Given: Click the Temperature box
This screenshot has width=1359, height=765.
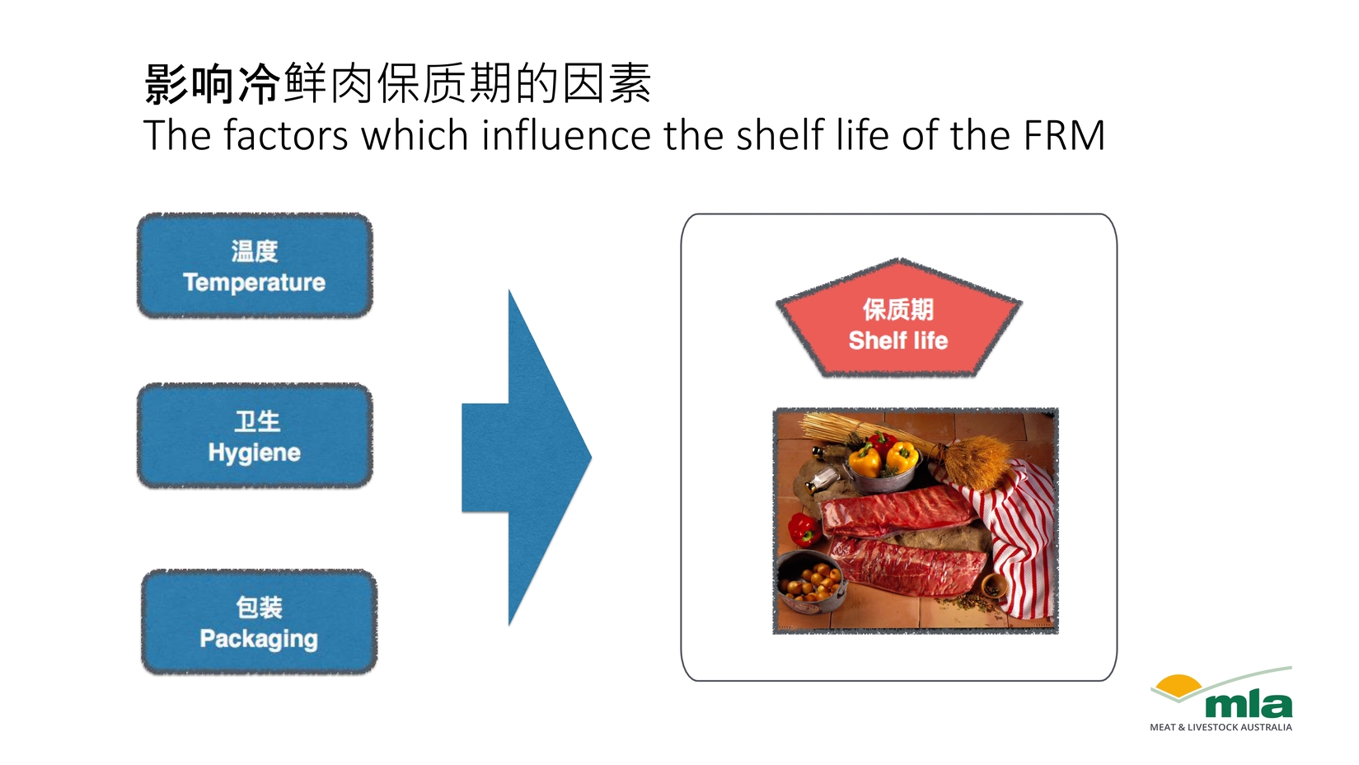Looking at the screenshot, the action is (255, 265).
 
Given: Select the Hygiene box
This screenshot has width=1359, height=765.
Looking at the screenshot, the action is (255, 435).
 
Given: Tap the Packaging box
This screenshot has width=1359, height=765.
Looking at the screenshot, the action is (259, 622).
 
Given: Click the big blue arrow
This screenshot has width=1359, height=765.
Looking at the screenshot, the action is (526, 458).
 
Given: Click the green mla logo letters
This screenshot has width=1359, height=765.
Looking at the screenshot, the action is (1249, 704).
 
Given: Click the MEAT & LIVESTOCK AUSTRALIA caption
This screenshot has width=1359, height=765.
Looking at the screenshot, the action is (1221, 727).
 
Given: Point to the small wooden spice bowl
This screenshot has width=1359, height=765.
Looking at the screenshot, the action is (993, 585).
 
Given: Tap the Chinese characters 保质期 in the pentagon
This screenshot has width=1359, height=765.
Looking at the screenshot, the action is (898, 309).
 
